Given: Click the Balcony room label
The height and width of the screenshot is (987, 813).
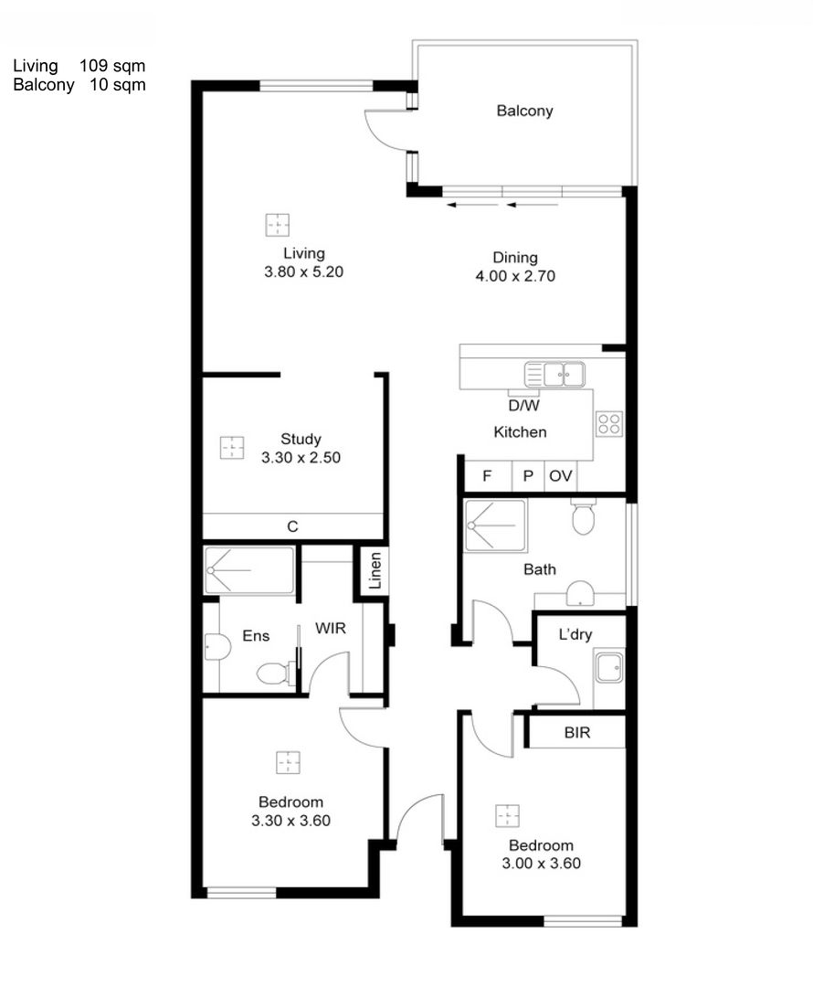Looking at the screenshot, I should click(x=524, y=111).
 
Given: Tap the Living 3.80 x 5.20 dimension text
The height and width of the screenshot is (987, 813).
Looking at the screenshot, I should click(x=303, y=271).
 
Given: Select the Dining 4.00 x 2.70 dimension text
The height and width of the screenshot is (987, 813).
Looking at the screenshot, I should click(x=515, y=275).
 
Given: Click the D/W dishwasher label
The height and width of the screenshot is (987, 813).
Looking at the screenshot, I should click(x=523, y=405).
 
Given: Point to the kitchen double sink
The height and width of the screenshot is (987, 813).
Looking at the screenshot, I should click(x=554, y=375).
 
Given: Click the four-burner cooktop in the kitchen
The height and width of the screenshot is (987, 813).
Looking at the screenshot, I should click(x=609, y=424).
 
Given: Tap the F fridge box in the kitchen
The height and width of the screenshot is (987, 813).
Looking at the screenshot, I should click(x=487, y=476).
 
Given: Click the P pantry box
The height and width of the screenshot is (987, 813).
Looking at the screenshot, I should click(x=527, y=476).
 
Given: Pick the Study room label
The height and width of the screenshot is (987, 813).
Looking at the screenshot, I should click(x=301, y=439).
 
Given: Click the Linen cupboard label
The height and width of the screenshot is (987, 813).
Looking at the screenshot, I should click(x=375, y=571).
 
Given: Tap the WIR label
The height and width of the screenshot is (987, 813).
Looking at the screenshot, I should click(x=330, y=630).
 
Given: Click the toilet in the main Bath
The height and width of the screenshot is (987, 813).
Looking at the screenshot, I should click(x=583, y=516).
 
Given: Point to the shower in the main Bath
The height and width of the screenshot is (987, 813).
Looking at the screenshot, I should click(x=495, y=525).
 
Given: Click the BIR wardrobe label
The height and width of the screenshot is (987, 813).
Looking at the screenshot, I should click(x=576, y=733).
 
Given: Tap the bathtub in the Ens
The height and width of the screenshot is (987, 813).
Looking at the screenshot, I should click(x=249, y=570).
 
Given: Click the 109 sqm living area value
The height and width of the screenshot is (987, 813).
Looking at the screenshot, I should click(x=112, y=66).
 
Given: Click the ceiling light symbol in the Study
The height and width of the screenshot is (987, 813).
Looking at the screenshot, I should click(x=232, y=448).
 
